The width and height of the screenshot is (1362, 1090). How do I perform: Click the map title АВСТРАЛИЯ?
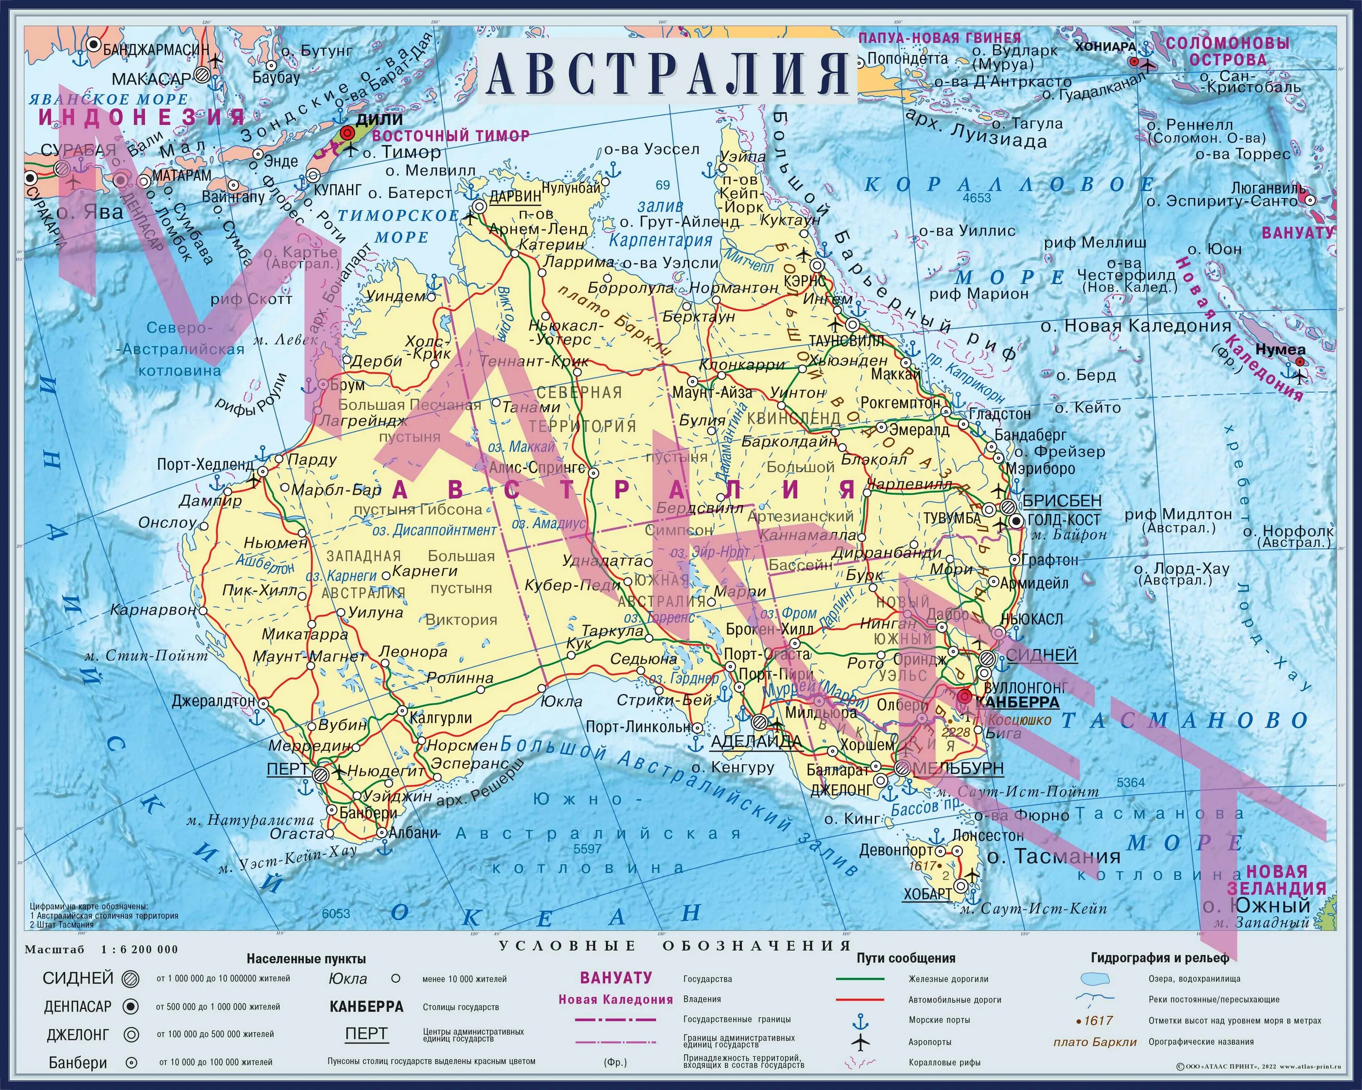click(668, 73)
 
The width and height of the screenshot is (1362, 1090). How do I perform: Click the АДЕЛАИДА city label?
click(756, 741)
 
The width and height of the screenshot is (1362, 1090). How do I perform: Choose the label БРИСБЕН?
click(1062, 501)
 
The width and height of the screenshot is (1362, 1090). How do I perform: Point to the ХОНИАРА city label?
click(1105, 47)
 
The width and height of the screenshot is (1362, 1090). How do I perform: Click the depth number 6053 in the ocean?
click(336, 914)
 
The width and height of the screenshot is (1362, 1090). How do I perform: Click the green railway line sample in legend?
click(860, 979)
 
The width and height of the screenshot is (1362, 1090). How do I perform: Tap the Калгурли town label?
click(440, 718)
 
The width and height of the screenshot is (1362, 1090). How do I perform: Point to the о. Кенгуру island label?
click(732, 768)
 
